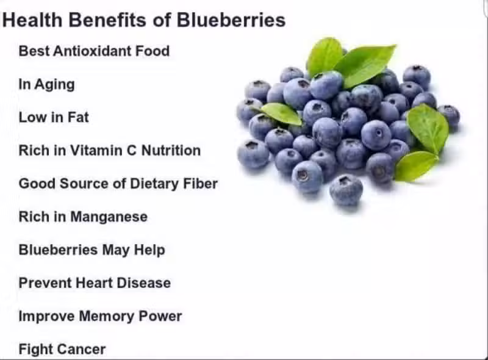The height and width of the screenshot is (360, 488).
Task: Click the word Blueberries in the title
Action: [x=231, y=20]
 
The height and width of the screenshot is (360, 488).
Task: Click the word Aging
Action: [x=54, y=85]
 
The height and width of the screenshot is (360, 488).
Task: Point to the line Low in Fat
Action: [x=54, y=117]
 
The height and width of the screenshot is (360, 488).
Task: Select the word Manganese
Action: [x=109, y=217]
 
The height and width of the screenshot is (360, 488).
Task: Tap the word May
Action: [x=116, y=250]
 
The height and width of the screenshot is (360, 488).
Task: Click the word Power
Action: [x=160, y=316]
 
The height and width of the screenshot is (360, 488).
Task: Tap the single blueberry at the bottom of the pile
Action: [x=346, y=190]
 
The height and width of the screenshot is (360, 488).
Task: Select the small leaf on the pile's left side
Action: [x=281, y=113]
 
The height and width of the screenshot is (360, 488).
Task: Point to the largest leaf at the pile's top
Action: [x=365, y=65]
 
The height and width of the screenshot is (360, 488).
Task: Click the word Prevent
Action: [x=45, y=283]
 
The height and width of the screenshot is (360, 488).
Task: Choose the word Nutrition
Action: [x=171, y=151]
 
